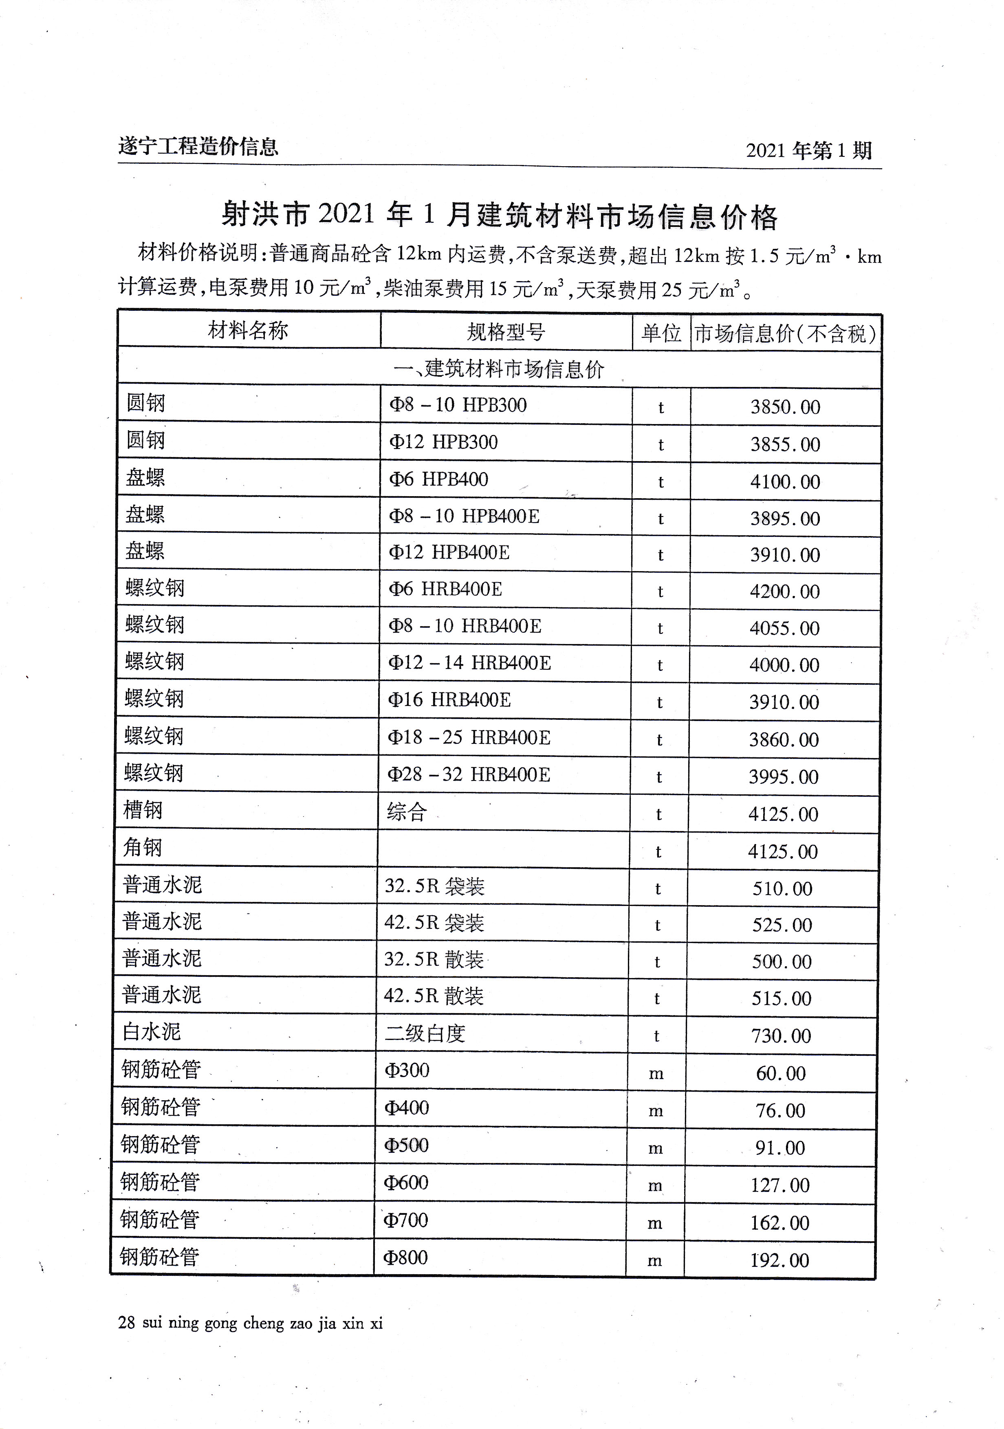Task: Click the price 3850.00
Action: pos(785,407)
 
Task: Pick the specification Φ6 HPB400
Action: pos(438,479)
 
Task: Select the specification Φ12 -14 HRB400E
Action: pos(469,663)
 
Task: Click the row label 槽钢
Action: pos(143,810)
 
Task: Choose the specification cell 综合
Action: pos(407,811)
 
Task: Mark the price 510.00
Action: pos(782,888)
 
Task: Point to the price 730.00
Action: pos(781,1035)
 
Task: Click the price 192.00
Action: pos(779,1260)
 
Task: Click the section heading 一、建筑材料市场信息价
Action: pos(499,369)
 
